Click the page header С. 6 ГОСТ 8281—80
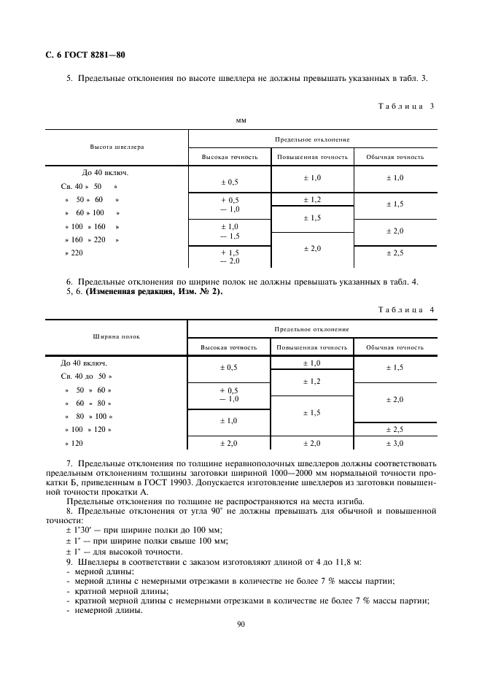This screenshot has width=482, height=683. pyautogui.click(x=81, y=55)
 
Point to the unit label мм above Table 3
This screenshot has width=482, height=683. pyautogui.click(x=241, y=120)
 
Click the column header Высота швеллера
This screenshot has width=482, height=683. pyautogui.click(x=117, y=147)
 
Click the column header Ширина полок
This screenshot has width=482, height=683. pyautogui.click(x=117, y=336)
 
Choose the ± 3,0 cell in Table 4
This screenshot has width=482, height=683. pyautogui.click(x=394, y=443)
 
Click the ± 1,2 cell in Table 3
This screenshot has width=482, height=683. pyautogui.click(x=312, y=199)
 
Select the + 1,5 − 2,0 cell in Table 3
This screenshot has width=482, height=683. pyautogui.click(x=230, y=256)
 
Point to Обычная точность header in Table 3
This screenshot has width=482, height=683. pyautogui.click(x=394, y=157)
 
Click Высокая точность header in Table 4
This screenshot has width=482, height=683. pyautogui.click(x=229, y=347)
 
